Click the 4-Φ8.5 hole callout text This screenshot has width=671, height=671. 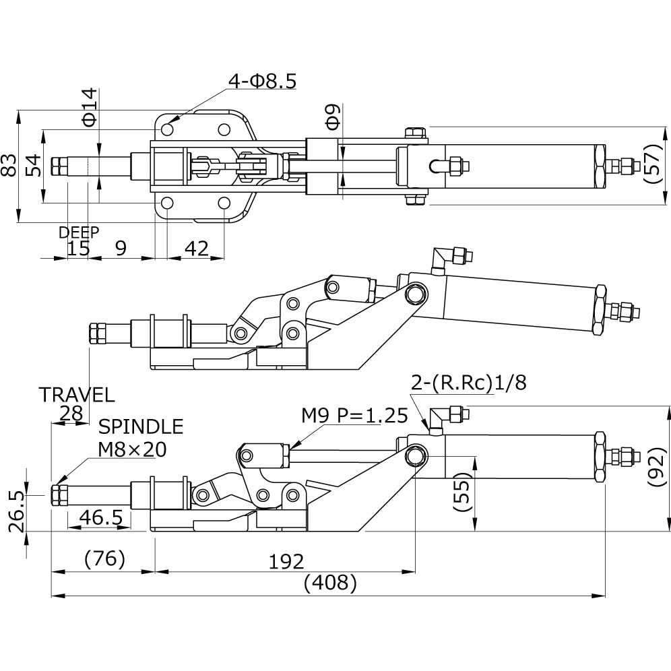tap(263, 81)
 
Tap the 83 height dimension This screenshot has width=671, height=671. tap(9, 165)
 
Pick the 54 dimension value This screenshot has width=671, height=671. tap(32, 164)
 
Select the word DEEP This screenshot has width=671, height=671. tap(79, 232)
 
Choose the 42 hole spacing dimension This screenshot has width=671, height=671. tap(196, 248)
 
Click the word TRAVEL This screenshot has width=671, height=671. tap(76, 395)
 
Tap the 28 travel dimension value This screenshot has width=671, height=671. tap(71, 414)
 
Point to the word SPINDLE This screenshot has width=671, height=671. tap(141, 426)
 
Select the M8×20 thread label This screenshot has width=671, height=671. tap(132, 449)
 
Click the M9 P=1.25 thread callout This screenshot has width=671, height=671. tap(354, 416)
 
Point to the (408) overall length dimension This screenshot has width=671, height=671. tap(329, 583)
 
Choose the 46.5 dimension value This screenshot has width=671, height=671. tap(100, 517)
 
